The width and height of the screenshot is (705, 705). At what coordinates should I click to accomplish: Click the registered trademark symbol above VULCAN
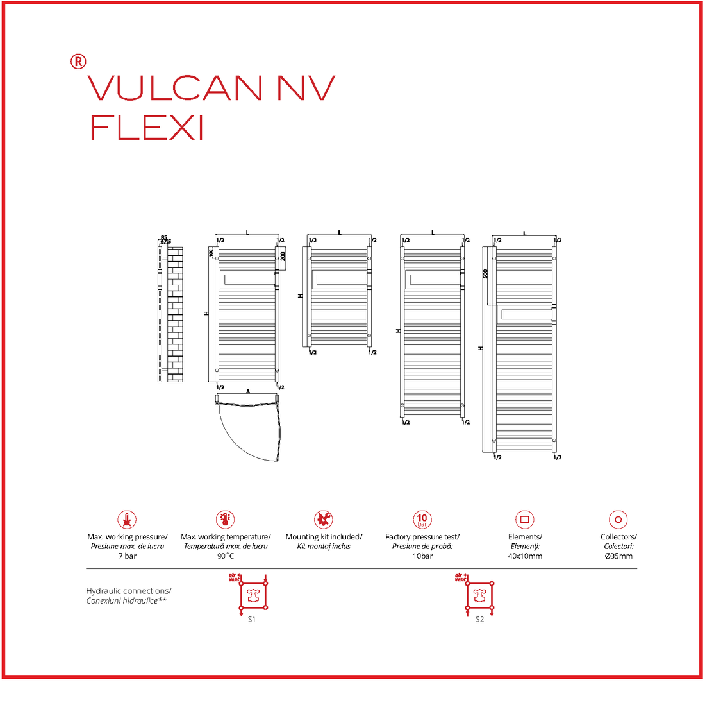[x=78, y=62]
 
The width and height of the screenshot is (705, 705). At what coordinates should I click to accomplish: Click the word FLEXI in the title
[x=147, y=128]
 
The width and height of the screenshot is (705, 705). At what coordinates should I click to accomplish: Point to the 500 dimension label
[x=486, y=273]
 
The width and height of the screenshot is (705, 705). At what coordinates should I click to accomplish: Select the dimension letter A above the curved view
[x=248, y=391]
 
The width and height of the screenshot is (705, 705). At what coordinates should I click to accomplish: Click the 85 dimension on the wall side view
[x=164, y=237]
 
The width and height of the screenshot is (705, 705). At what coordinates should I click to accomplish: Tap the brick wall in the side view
[x=175, y=314]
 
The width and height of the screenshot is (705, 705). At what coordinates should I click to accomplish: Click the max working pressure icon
[x=127, y=520]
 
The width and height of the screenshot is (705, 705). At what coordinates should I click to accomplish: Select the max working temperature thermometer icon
[x=225, y=520]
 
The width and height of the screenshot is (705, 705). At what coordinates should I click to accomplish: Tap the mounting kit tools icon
[x=324, y=520]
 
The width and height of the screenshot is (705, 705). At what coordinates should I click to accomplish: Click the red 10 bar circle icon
[x=422, y=520]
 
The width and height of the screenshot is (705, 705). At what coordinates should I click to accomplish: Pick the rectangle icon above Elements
[x=524, y=520]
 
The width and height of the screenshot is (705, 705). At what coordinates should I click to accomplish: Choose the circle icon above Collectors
[x=618, y=520]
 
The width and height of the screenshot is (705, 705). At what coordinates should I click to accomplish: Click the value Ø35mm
[x=618, y=556]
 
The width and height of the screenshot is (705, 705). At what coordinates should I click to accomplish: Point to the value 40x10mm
[x=525, y=556]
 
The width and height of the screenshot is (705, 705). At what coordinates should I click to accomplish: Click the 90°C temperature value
[x=225, y=556]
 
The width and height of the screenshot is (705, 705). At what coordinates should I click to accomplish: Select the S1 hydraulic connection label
[x=251, y=620]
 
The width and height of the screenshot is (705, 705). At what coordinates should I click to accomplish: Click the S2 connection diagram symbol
[x=480, y=596]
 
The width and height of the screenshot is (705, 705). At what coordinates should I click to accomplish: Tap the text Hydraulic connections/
[x=129, y=591]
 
